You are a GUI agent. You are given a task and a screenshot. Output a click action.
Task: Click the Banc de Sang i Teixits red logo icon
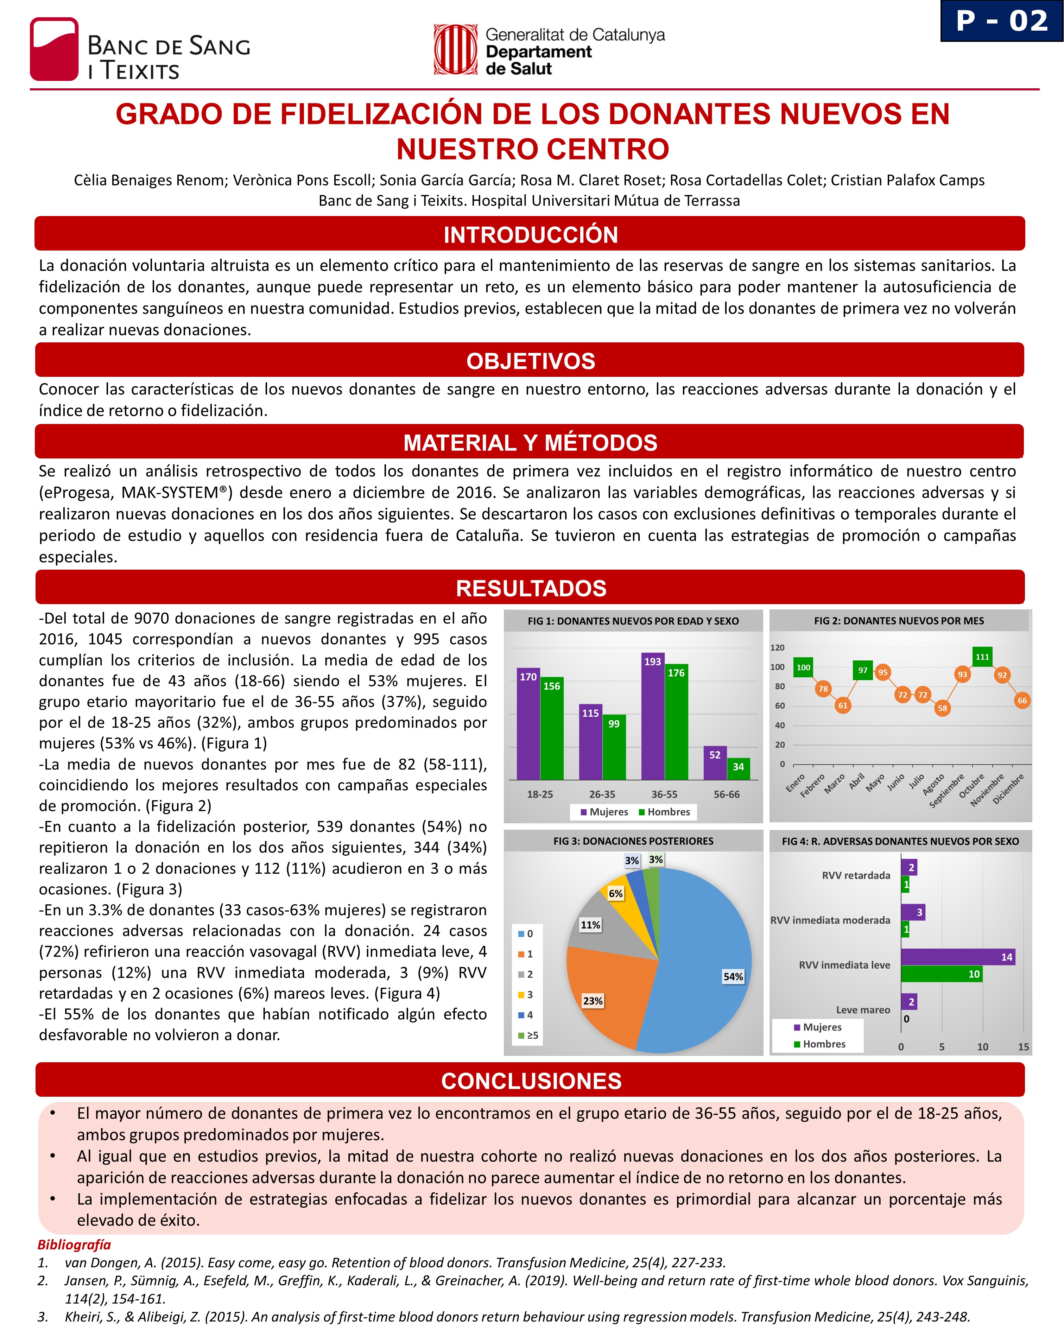[54, 49]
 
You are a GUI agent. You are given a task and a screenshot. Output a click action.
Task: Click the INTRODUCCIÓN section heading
[531, 234]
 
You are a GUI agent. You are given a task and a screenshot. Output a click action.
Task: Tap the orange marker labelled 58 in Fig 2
[942, 708]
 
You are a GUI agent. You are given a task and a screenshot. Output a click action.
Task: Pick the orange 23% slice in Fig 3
[608, 993]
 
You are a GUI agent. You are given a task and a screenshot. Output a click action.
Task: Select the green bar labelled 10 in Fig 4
[940, 974]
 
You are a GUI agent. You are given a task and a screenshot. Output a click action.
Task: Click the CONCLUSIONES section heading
[531, 1081]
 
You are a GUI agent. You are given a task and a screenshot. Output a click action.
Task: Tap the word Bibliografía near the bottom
[74, 1245]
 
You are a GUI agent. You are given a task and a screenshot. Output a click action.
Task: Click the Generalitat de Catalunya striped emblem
[456, 49]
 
